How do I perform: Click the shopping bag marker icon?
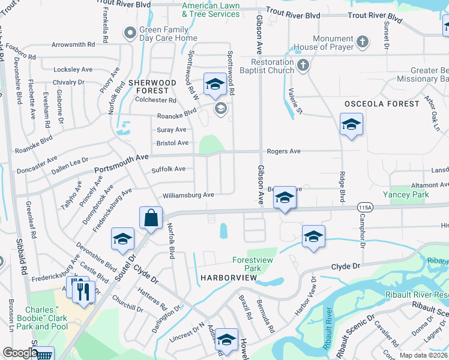tap(151, 218)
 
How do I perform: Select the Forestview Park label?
tap(247, 264)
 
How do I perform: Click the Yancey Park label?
tap(405, 194)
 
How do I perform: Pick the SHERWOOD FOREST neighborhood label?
tap(152, 86)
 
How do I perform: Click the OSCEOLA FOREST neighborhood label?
tap(382, 104)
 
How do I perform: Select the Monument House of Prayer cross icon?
tap(361, 42)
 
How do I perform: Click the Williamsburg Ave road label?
tap(188, 195)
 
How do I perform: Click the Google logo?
tap(19, 353)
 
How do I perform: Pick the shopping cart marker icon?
tap(44, 355)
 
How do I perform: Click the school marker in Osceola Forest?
tap(351, 125)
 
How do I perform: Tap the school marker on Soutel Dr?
tap(122, 239)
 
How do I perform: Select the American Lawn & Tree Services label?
tap(211, 9)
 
